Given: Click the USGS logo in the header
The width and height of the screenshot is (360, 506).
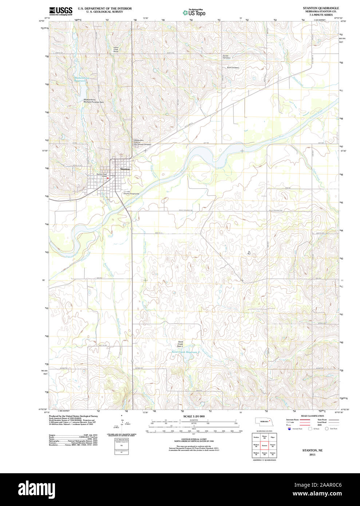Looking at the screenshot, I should pos(60,11).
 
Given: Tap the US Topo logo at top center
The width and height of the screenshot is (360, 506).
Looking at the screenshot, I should pos(194,12).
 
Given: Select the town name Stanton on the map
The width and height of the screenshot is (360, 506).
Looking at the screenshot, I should pos(125,170).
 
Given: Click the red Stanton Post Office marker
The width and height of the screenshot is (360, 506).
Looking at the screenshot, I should pos(108,178).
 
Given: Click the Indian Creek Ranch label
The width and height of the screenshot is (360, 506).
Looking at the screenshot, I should pos(116,50).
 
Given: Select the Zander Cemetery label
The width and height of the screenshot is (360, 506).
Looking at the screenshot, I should pos(226,57).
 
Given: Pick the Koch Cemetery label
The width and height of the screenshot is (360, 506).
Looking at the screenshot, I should pos(233,67).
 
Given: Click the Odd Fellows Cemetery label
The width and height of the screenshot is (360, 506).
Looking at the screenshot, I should pos(142,142).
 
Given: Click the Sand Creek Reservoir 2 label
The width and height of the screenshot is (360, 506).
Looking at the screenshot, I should pos(186,352).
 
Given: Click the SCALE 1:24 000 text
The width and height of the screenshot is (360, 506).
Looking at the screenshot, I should pos(194,416).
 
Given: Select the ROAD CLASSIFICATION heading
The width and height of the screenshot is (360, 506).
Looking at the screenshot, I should pos(312,416).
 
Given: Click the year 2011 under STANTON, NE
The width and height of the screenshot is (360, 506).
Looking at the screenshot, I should pos(312,455).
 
